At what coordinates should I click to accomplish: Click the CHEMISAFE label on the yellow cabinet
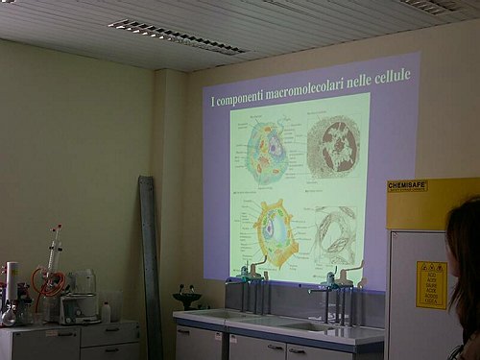(407, 184)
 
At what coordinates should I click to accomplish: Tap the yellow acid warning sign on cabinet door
(431, 284)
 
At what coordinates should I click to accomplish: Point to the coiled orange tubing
(50, 281)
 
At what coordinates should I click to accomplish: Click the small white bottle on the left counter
(106, 311)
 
